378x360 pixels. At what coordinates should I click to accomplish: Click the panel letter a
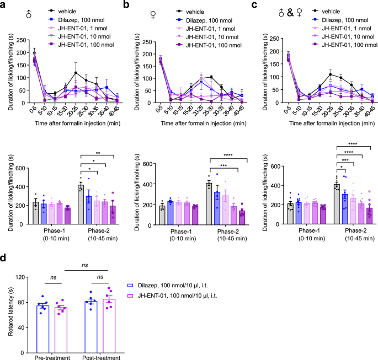pos(4,5)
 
